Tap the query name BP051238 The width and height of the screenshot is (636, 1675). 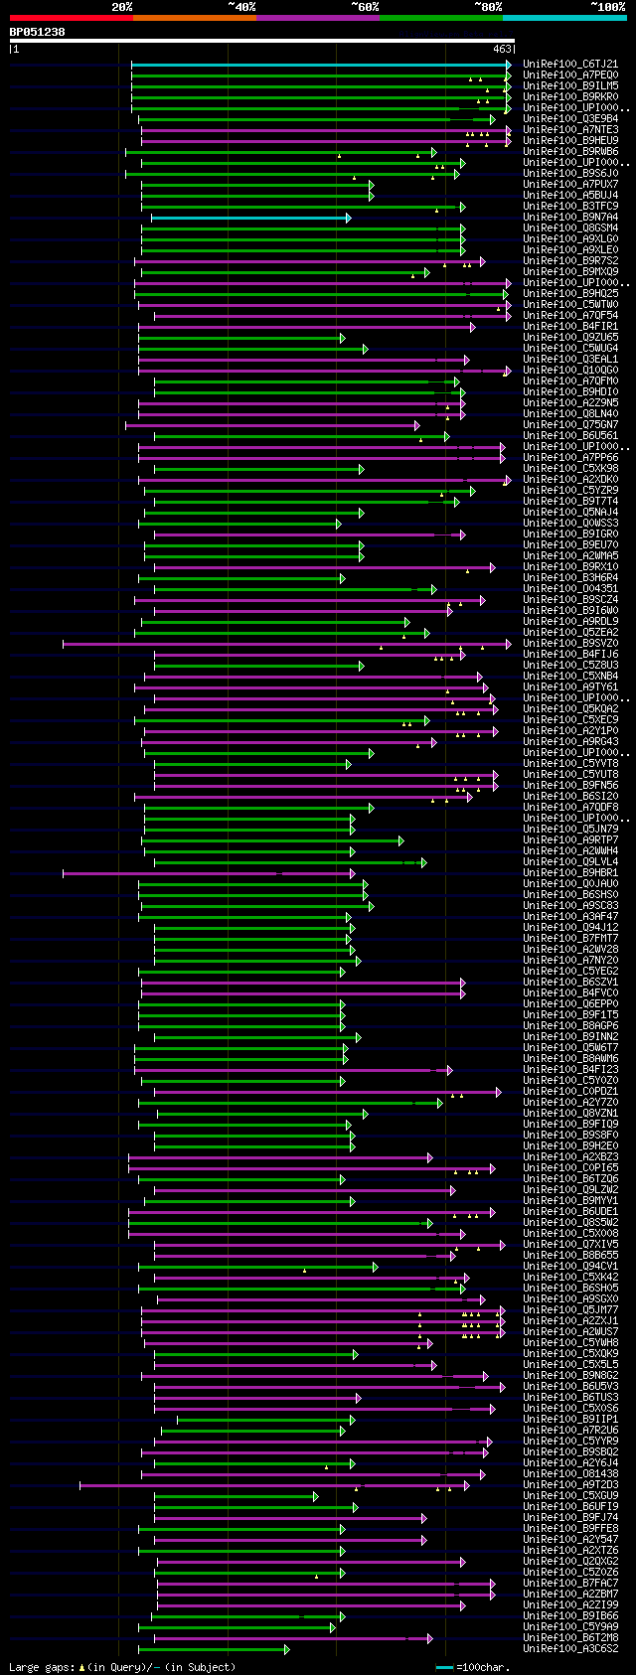(38, 32)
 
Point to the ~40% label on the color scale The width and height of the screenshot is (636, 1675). (241, 7)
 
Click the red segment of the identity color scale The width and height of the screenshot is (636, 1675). (71, 17)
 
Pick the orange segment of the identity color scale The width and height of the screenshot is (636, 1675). (194, 17)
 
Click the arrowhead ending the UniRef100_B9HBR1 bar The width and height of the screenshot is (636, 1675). (352, 873)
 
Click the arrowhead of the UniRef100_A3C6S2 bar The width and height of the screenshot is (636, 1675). (286, 1649)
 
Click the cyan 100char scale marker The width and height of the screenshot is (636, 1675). (444, 1667)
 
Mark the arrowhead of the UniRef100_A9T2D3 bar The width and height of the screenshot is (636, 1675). (466, 1485)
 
